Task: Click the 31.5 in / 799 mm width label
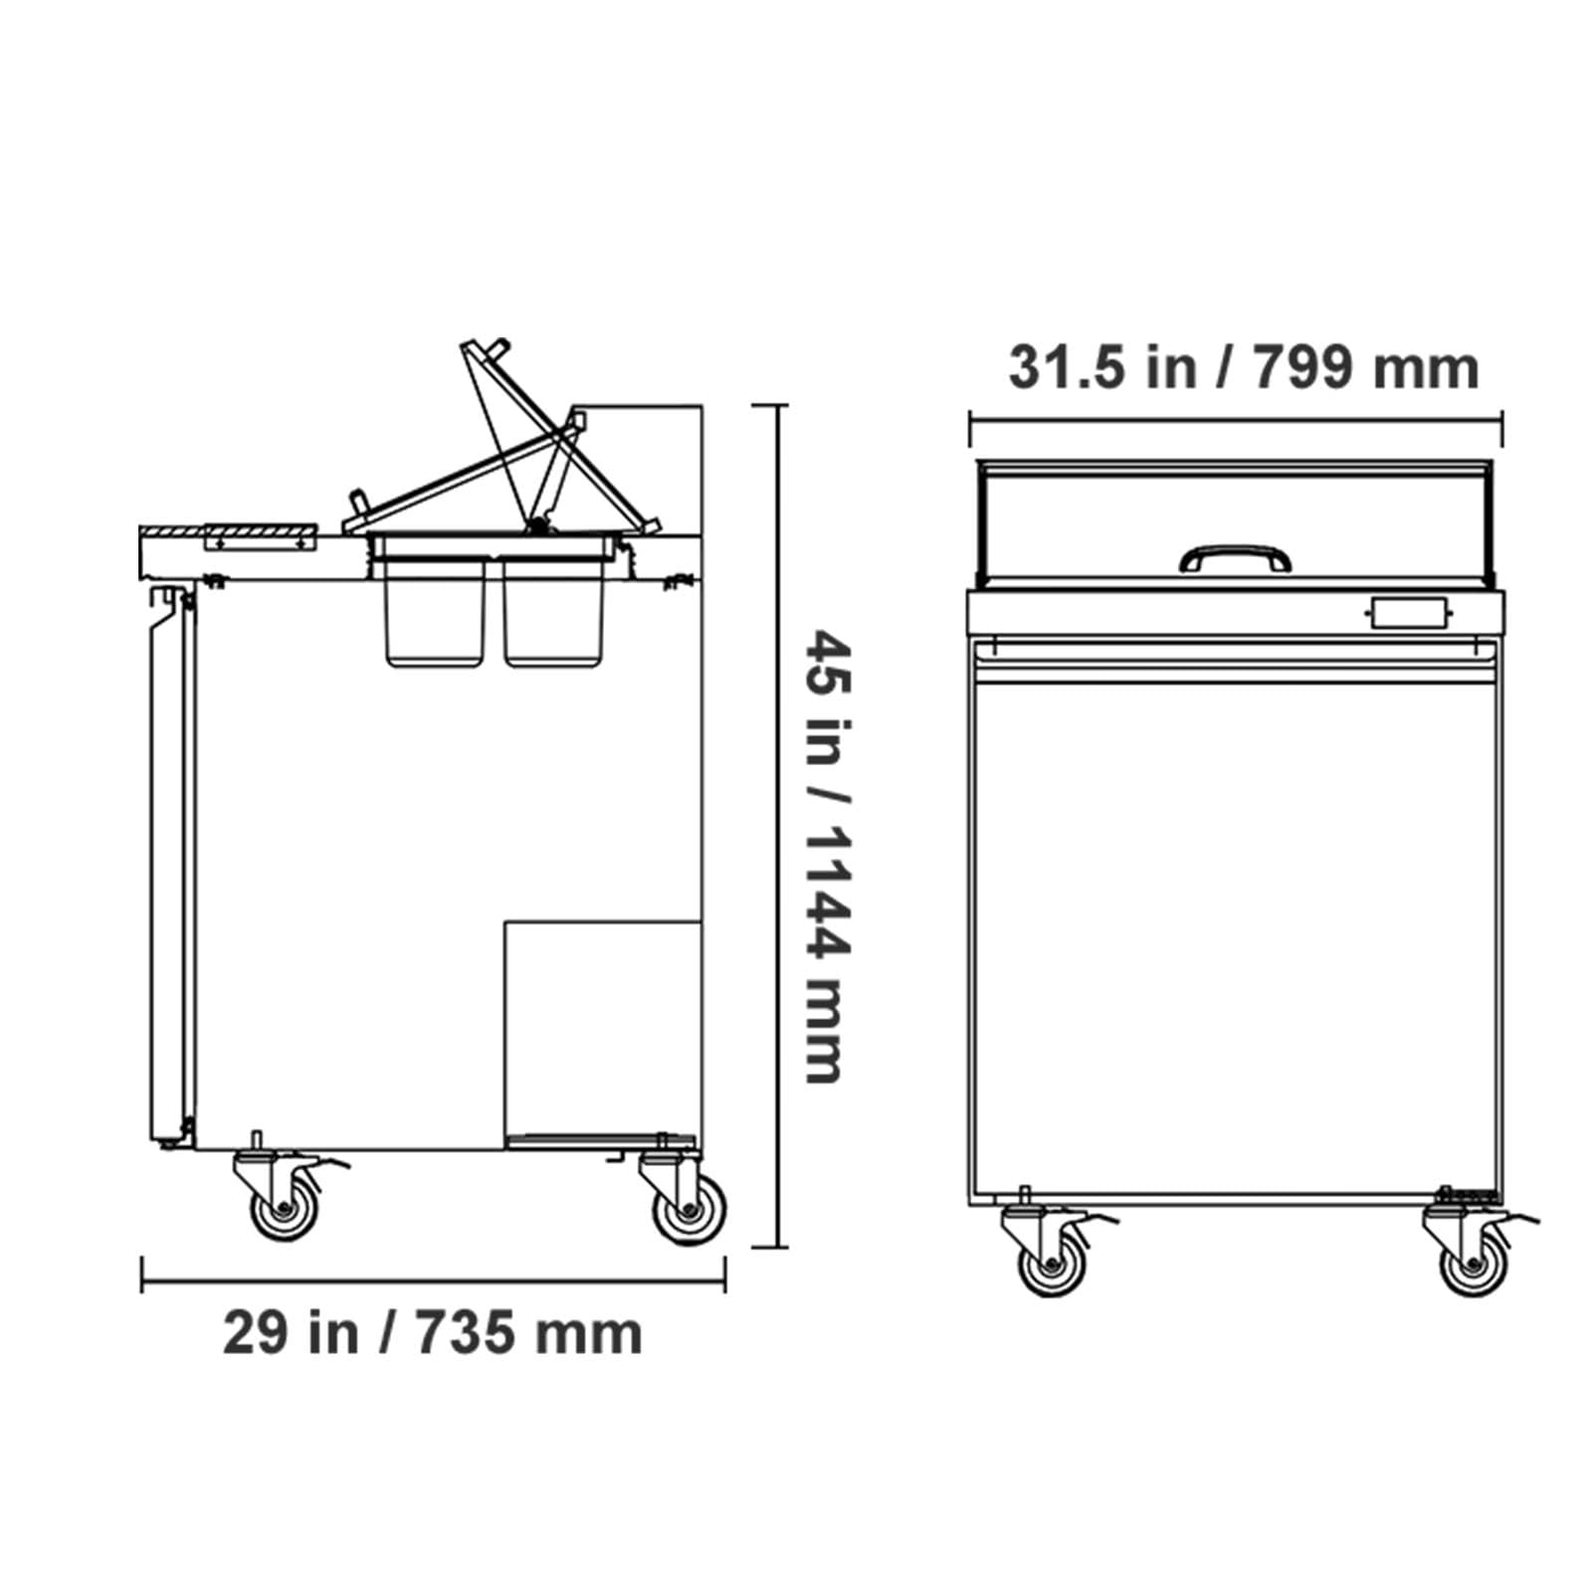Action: tap(1243, 367)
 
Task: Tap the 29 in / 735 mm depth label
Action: tap(432, 1332)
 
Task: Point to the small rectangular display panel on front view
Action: tap(1408, 613)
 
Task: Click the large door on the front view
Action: tap(1236, 935)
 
